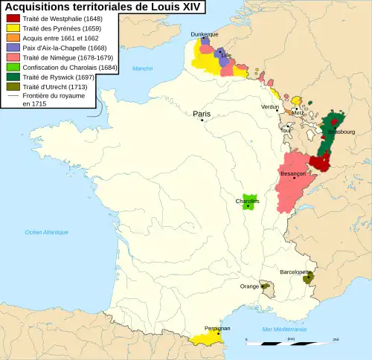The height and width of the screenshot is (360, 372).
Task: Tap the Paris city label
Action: [x=202, y=114]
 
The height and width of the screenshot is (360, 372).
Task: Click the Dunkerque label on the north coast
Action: [x=205, y=34]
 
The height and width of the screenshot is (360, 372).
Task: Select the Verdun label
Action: [x=270, y=107]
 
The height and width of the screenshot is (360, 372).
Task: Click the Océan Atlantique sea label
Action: [x=46, y=233]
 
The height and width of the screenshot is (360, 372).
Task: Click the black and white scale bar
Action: [x=290, y=343]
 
